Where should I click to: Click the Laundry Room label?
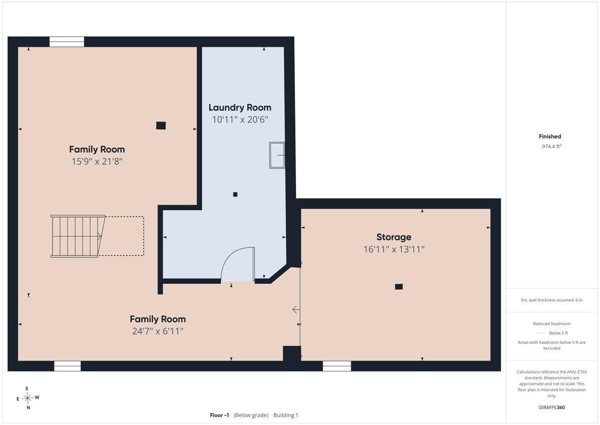coord(239,108)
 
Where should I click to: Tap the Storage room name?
coord(394,237)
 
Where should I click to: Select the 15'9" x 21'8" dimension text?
coord(97,161)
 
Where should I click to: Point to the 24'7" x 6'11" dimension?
coord(158,331)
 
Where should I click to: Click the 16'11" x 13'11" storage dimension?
coord(394,249)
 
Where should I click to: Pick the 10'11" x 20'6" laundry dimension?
coord(240,120)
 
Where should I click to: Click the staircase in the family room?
coord(78,236)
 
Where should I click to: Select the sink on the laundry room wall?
coord(277,155)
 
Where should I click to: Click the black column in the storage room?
coord(399,287)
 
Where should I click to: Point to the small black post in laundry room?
coord(235,194)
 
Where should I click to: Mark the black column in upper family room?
coord(161,126)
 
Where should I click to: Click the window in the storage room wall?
coord(336,366)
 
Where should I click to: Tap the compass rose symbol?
coord(27,398)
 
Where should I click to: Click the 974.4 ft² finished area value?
coord(551,146)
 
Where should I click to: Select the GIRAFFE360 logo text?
coord(551,407)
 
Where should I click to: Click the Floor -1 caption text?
coord(219,415)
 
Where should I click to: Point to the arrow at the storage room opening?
coord(295,310)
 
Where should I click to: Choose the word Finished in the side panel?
coord(550,136)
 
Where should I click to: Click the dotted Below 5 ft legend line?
coord(541,333)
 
